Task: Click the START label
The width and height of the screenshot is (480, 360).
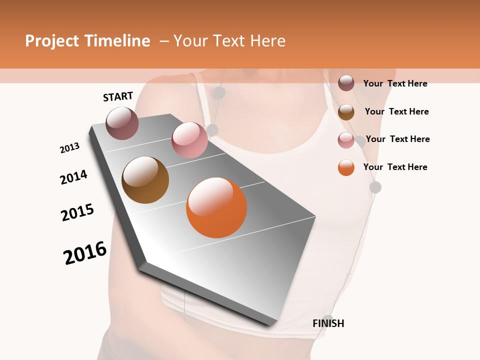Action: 118,96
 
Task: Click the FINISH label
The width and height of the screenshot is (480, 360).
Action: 328,323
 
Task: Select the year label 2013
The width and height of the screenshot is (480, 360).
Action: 69,148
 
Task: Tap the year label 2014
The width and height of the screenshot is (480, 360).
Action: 73,177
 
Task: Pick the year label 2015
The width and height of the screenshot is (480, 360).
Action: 77,212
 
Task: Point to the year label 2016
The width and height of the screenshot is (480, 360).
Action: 85,253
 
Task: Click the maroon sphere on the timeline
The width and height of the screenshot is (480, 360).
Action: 122,123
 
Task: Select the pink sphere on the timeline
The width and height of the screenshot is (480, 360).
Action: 189,140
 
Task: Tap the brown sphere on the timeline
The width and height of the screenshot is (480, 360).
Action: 145,180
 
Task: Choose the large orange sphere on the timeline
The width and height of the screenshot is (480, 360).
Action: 216,207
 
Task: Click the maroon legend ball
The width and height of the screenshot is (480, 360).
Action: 346,83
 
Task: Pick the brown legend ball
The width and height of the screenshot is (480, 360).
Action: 346,112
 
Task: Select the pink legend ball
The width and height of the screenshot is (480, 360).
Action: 346,140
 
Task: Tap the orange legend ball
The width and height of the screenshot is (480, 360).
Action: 346,167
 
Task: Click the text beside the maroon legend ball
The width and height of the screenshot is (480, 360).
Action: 395,83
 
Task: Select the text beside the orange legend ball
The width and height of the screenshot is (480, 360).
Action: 395,167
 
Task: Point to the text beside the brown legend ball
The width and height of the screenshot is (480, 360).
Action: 396,111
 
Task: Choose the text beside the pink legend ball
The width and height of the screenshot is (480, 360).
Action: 397,139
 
